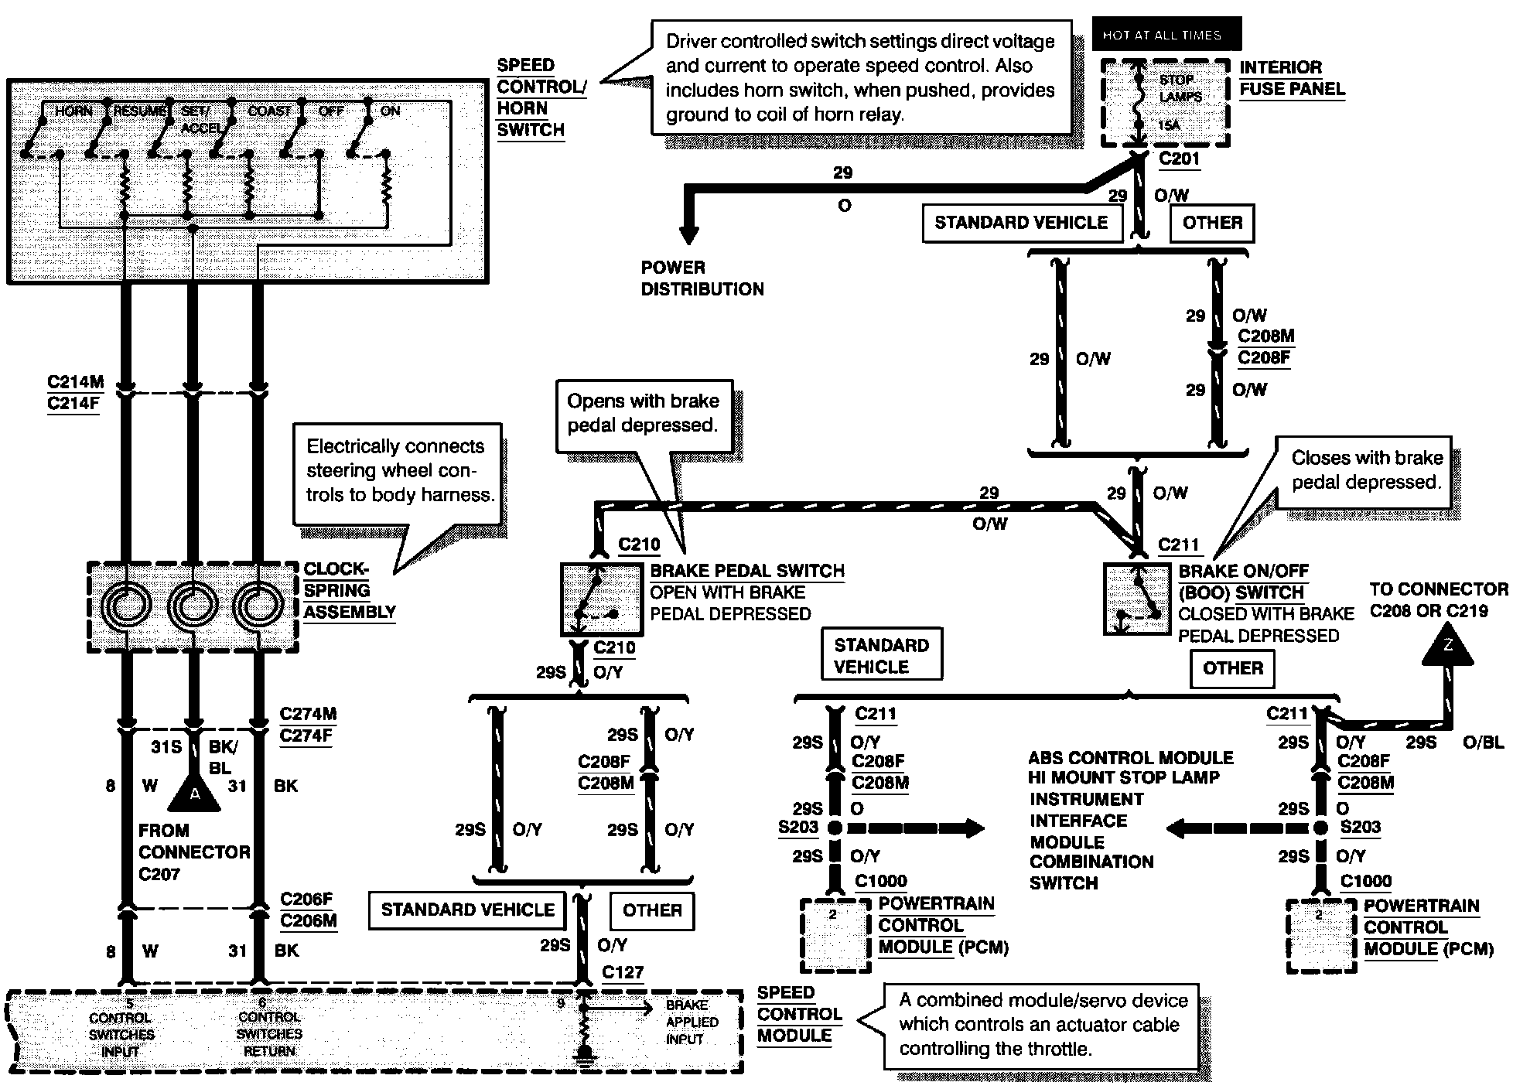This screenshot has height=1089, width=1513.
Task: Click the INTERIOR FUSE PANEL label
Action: tap(1292, 78)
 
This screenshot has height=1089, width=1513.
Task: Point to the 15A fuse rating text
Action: tap(1170, 125)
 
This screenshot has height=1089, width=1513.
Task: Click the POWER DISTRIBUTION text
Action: tap(702, 278)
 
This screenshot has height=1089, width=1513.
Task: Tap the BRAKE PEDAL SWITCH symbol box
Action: tap(600, 600)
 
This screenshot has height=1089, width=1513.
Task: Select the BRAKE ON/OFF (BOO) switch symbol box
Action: tap(1136, 600)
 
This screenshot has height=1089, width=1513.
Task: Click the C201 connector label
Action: tap(1179, 159)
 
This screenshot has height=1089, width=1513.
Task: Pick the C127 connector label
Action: tap(623, 972)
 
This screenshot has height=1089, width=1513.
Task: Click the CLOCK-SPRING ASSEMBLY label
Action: tap(348, 591)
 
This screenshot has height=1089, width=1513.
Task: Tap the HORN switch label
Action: tap(73, 111)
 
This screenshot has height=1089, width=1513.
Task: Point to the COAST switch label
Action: tap(269, 111)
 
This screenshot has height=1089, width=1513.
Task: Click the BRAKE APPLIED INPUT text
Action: tap(692, 1022)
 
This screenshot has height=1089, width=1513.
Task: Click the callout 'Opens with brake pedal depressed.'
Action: tap(643, 413)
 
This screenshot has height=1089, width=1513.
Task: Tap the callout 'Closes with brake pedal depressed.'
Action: tap(1367, 470)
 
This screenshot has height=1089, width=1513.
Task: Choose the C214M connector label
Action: tap(75, 382)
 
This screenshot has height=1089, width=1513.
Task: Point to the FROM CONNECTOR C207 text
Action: tap(193, 852)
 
